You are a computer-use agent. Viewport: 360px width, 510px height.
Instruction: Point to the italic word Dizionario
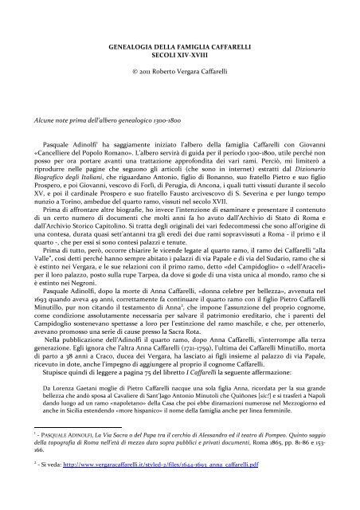291,166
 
